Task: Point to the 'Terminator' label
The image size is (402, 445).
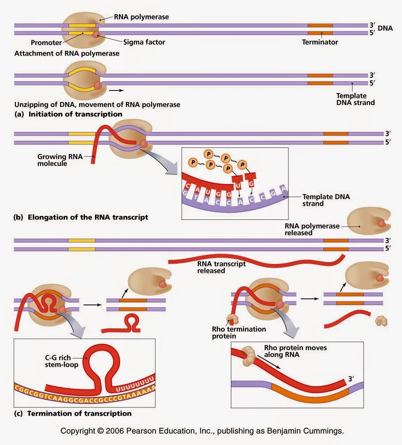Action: point(320,42)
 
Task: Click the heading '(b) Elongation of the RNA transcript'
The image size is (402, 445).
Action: point(81,217)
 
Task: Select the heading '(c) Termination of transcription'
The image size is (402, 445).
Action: point(73,414)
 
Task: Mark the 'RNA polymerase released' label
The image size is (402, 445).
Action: point(312,229)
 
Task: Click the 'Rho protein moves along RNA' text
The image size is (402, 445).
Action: point(295,351)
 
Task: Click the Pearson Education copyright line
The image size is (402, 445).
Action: point(202,431)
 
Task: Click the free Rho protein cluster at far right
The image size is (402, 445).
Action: point(381,321)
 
